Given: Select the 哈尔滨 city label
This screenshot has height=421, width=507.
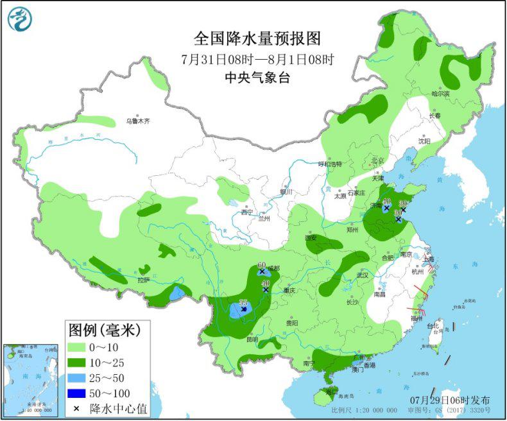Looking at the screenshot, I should coord(440,94).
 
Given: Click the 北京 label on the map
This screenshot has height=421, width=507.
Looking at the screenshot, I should coord(377,160).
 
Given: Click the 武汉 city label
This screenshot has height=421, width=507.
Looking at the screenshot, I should coord(363,275).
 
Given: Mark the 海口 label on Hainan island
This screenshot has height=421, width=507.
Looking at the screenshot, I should coord(331,391).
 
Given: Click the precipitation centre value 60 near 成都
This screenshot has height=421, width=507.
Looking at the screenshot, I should coord(261,265).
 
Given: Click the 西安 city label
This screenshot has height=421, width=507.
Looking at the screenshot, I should coord(311,237).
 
